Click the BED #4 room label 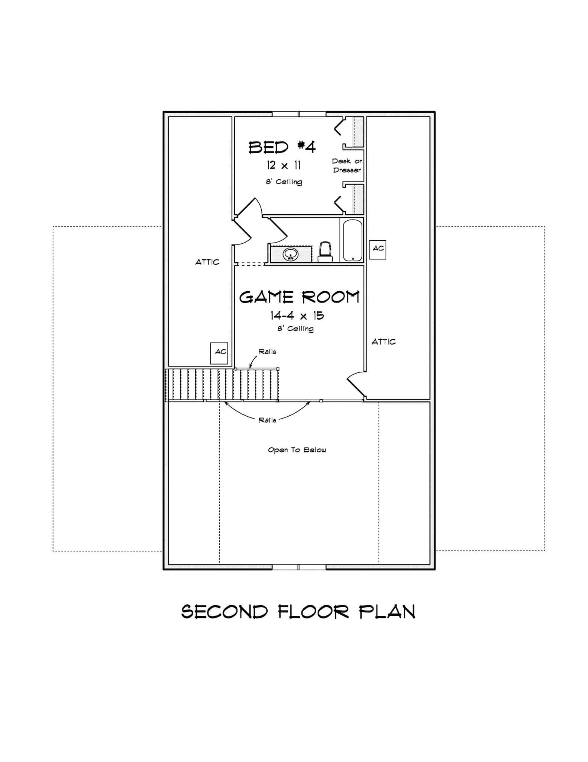[x=282, y=147]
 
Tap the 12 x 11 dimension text [x=284, y=165]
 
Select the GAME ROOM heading [x=299, y=297]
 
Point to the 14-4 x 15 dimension [x=297, y=316]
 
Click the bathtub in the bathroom [x=352, y=240]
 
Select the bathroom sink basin [x=290, y=254]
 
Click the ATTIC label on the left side [x=207, y=262]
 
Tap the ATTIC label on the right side [x=384, y=342]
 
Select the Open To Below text [x=297, y=450]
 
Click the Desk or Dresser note [x=347, y=166]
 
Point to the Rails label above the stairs [x=267, y=352]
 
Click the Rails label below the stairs [x=267, y=420]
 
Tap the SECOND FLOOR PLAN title [x=298, y=612]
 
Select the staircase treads [x=222, y=385]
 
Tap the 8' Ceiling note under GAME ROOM [x=295, y=329]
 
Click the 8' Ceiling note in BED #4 [x=284, y=182]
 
